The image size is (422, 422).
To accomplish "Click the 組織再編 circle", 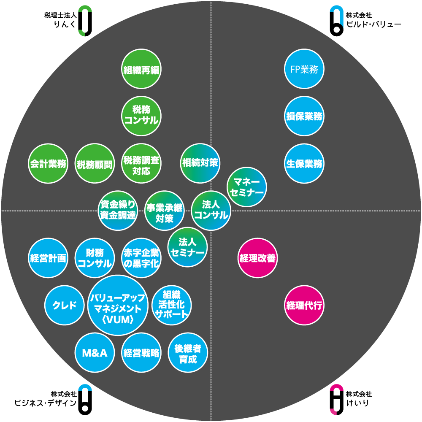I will [141, 69].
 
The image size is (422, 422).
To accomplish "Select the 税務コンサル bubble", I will [141, 116].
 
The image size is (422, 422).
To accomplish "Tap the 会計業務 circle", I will [48, 164].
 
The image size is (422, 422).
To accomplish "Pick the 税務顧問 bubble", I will [95, 164].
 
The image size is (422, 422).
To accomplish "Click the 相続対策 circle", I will [200, 162].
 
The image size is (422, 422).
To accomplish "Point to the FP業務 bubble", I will [304, 69].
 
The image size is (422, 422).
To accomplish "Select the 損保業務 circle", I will [304, 116].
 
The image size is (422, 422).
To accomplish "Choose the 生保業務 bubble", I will [304, 164].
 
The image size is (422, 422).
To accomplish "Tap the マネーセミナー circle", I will [247, 187].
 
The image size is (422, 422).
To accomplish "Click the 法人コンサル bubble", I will [211, 210].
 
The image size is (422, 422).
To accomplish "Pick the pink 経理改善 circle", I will [257, 258].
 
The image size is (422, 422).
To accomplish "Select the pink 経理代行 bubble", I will [304, 305].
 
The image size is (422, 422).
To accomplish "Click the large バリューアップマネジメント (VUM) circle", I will [118, 305].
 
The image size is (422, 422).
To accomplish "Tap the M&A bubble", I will [95, 353].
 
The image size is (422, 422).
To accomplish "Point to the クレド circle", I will [64, 305].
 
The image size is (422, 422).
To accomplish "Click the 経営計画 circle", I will [48, 258].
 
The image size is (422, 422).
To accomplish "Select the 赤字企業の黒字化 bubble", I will [141, 258].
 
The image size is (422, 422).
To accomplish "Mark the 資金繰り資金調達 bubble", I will [118, 210].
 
